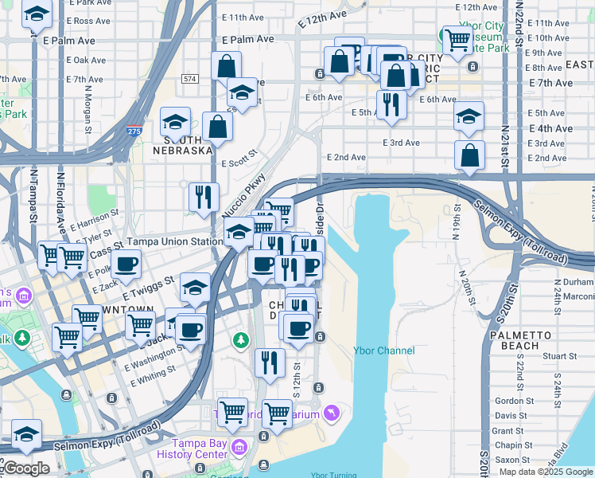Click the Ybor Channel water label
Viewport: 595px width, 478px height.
coord(383,351)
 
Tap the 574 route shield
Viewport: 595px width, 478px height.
coord(189,79)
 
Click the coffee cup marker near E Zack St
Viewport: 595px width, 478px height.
coord(125,264)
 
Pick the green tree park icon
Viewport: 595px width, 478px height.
coord(240,341)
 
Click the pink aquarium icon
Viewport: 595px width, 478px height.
coord(330,412)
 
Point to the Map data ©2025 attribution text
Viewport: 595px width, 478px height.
coord(546,472)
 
